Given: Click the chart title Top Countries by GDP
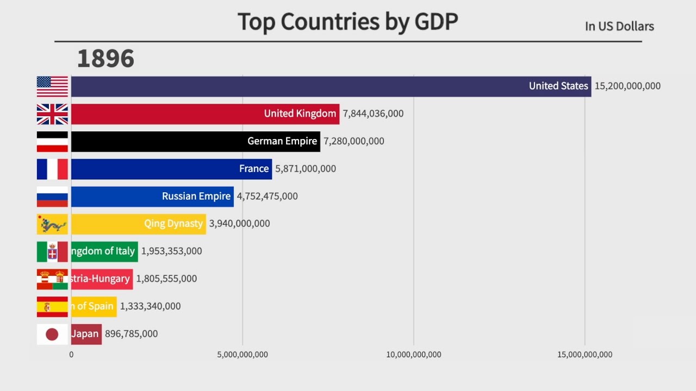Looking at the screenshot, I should (347, 22).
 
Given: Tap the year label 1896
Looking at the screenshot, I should (105, 59).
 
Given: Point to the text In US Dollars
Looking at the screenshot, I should (619, 26).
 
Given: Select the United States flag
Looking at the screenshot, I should (52, 86).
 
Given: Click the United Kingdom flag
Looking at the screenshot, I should (52, 114).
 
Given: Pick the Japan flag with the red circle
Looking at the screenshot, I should (52, 334).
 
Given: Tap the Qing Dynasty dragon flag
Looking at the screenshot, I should (52, 224).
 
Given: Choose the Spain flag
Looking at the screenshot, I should (52, 307).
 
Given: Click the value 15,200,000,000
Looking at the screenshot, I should (627, 86).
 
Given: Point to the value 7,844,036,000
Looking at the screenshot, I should (373, 113).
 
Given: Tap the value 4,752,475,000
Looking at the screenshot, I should (267, 196).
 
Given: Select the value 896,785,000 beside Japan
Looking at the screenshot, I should (131, 334).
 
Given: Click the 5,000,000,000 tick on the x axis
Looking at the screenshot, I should (243, 355).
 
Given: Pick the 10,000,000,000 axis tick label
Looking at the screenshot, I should (414, 355).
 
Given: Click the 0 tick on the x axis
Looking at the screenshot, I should (71, 355).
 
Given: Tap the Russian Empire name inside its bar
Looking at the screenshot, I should (196, 196).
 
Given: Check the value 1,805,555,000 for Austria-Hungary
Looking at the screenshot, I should (166, 279).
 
